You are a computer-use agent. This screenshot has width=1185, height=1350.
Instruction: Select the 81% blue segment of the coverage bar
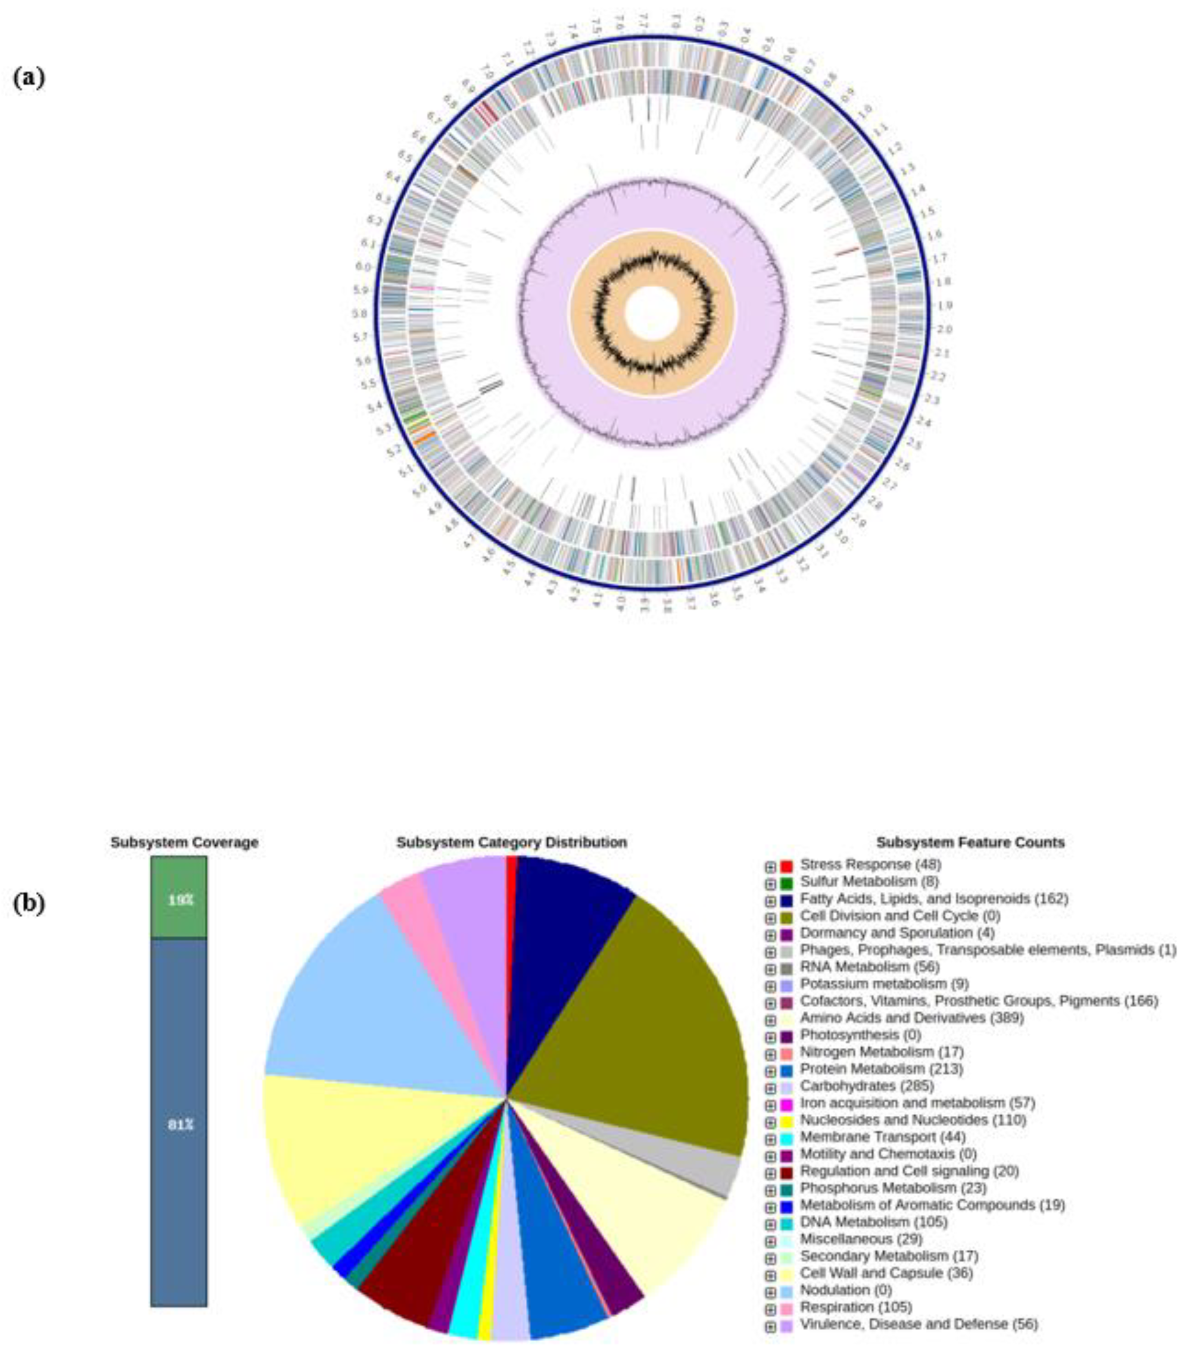coord(178,1123)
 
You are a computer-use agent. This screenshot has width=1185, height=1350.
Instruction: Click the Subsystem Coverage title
coord(184,843)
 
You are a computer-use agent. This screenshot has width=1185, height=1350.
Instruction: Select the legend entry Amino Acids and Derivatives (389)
coord(911,1018)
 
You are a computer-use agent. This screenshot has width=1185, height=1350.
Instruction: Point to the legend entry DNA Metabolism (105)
coord(873,1222)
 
